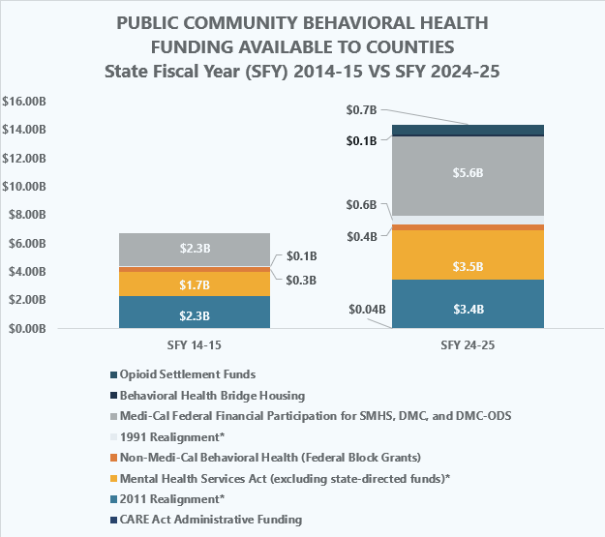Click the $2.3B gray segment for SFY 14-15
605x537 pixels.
coord(195,249)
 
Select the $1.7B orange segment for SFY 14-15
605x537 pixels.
coord(195,285)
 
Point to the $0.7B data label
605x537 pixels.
coord(362,111)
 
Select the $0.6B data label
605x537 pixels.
coord(362,205)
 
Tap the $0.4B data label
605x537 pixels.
coord(362,236)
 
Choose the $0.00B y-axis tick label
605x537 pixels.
coord(27,329)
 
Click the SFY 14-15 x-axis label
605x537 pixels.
coord(194,345)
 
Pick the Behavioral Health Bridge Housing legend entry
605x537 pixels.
coord(211,395)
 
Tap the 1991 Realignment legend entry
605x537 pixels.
coord(169,436)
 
